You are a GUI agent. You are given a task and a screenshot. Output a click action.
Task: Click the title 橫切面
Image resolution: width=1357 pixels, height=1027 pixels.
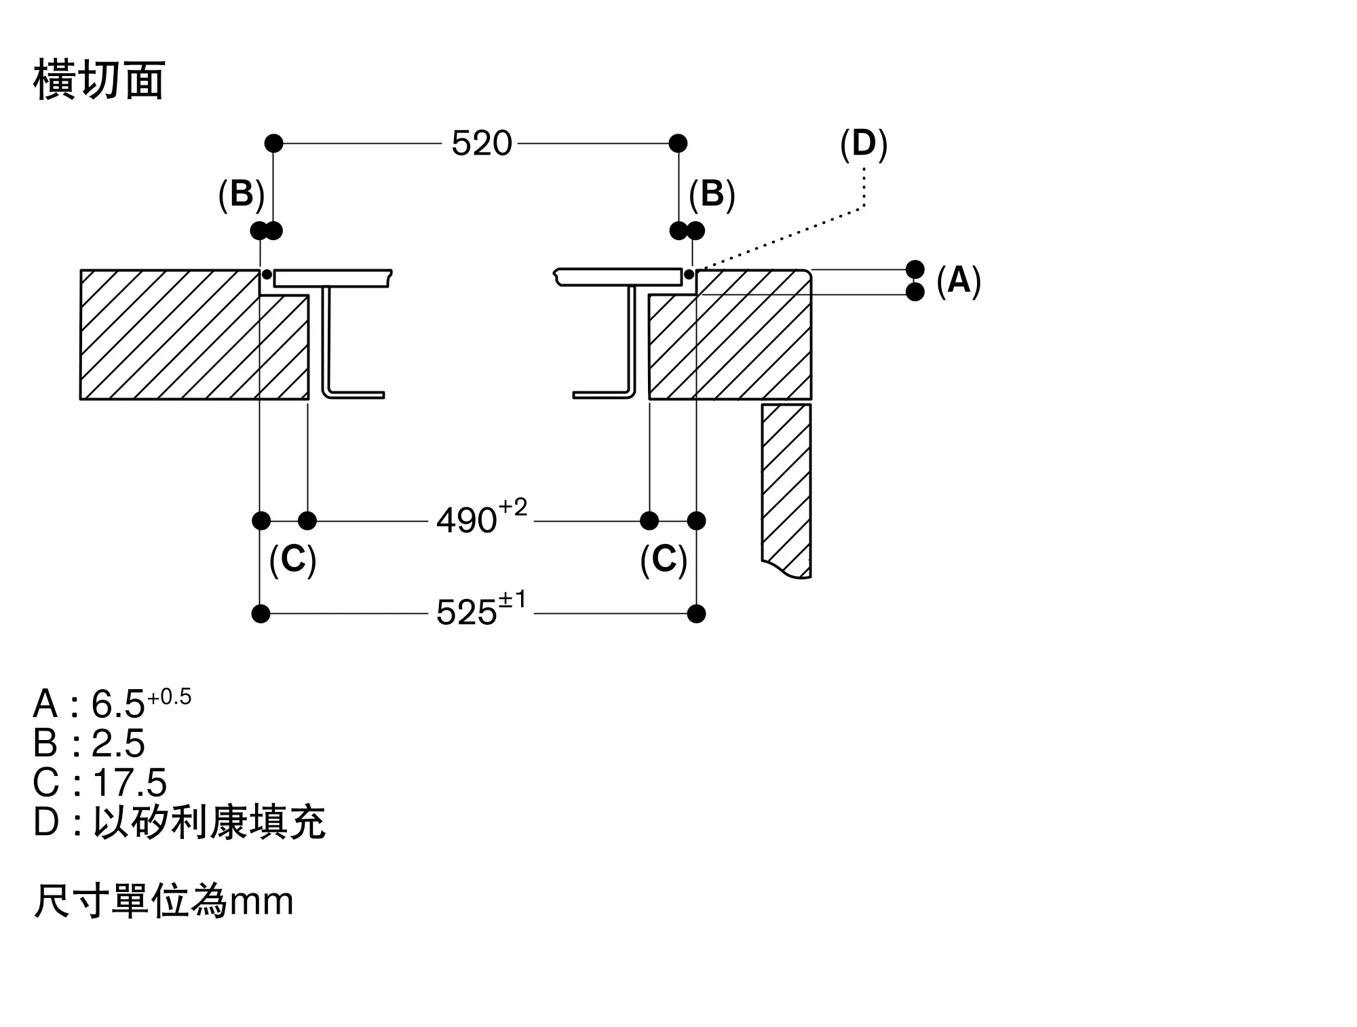(99, 80)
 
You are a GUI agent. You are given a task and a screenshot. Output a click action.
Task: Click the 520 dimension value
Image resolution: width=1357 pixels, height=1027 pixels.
(482, 144)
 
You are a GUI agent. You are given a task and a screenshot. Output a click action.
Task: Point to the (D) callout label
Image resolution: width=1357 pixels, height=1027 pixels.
(864, 144)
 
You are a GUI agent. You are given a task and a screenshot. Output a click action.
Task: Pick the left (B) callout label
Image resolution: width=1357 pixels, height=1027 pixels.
(241, 195)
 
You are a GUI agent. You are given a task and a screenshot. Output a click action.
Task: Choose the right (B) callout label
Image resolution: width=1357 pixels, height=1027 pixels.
(712, 195)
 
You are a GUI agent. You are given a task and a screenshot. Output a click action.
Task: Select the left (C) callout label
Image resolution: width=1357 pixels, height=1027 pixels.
(292, 560)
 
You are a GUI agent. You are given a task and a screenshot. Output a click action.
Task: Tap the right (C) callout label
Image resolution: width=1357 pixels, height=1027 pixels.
(664, 560)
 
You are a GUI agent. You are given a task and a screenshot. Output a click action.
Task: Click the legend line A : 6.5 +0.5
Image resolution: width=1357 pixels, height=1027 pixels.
(113, 703)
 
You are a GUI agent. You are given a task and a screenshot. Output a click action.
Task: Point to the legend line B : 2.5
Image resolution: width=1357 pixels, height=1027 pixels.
(89, 743)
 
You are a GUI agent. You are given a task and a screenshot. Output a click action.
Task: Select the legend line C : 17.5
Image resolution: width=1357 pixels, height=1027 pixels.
(100, 783)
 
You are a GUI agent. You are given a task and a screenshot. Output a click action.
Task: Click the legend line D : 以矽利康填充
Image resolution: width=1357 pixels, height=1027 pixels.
(179, 822)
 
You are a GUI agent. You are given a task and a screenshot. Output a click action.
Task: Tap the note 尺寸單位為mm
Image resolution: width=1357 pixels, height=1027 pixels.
(164, 902)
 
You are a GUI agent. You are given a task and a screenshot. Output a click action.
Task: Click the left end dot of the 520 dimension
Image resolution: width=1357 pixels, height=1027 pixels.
(273, 143)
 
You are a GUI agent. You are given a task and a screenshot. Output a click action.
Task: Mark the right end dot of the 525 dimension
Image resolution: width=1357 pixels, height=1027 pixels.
(696, 614)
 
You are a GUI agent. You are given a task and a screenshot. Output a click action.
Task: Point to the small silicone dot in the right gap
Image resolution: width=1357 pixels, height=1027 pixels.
(689, 275)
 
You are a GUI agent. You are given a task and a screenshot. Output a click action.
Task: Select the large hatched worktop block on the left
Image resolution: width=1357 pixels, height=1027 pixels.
(195, 334)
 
